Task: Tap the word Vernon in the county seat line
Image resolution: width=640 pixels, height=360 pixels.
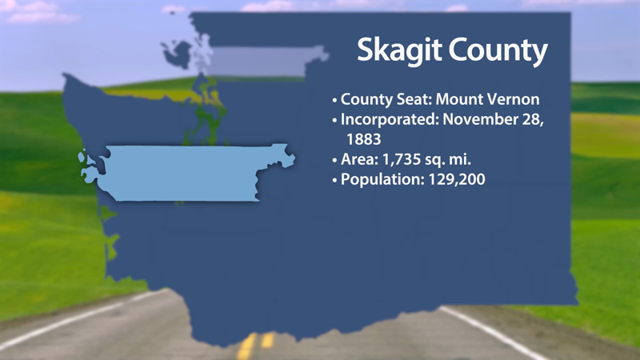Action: click(x=511, y=100)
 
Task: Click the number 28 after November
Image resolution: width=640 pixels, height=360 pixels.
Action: click(x=533, y=120)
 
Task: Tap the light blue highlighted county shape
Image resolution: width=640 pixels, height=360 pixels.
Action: click(x=184, y=172)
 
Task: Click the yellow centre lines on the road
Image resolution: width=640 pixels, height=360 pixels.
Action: click(x=256, y=344)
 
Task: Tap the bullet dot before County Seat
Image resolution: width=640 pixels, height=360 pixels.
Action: click(x=334, y=101)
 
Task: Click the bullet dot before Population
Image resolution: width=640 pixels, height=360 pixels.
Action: click(x=334, y=180)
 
